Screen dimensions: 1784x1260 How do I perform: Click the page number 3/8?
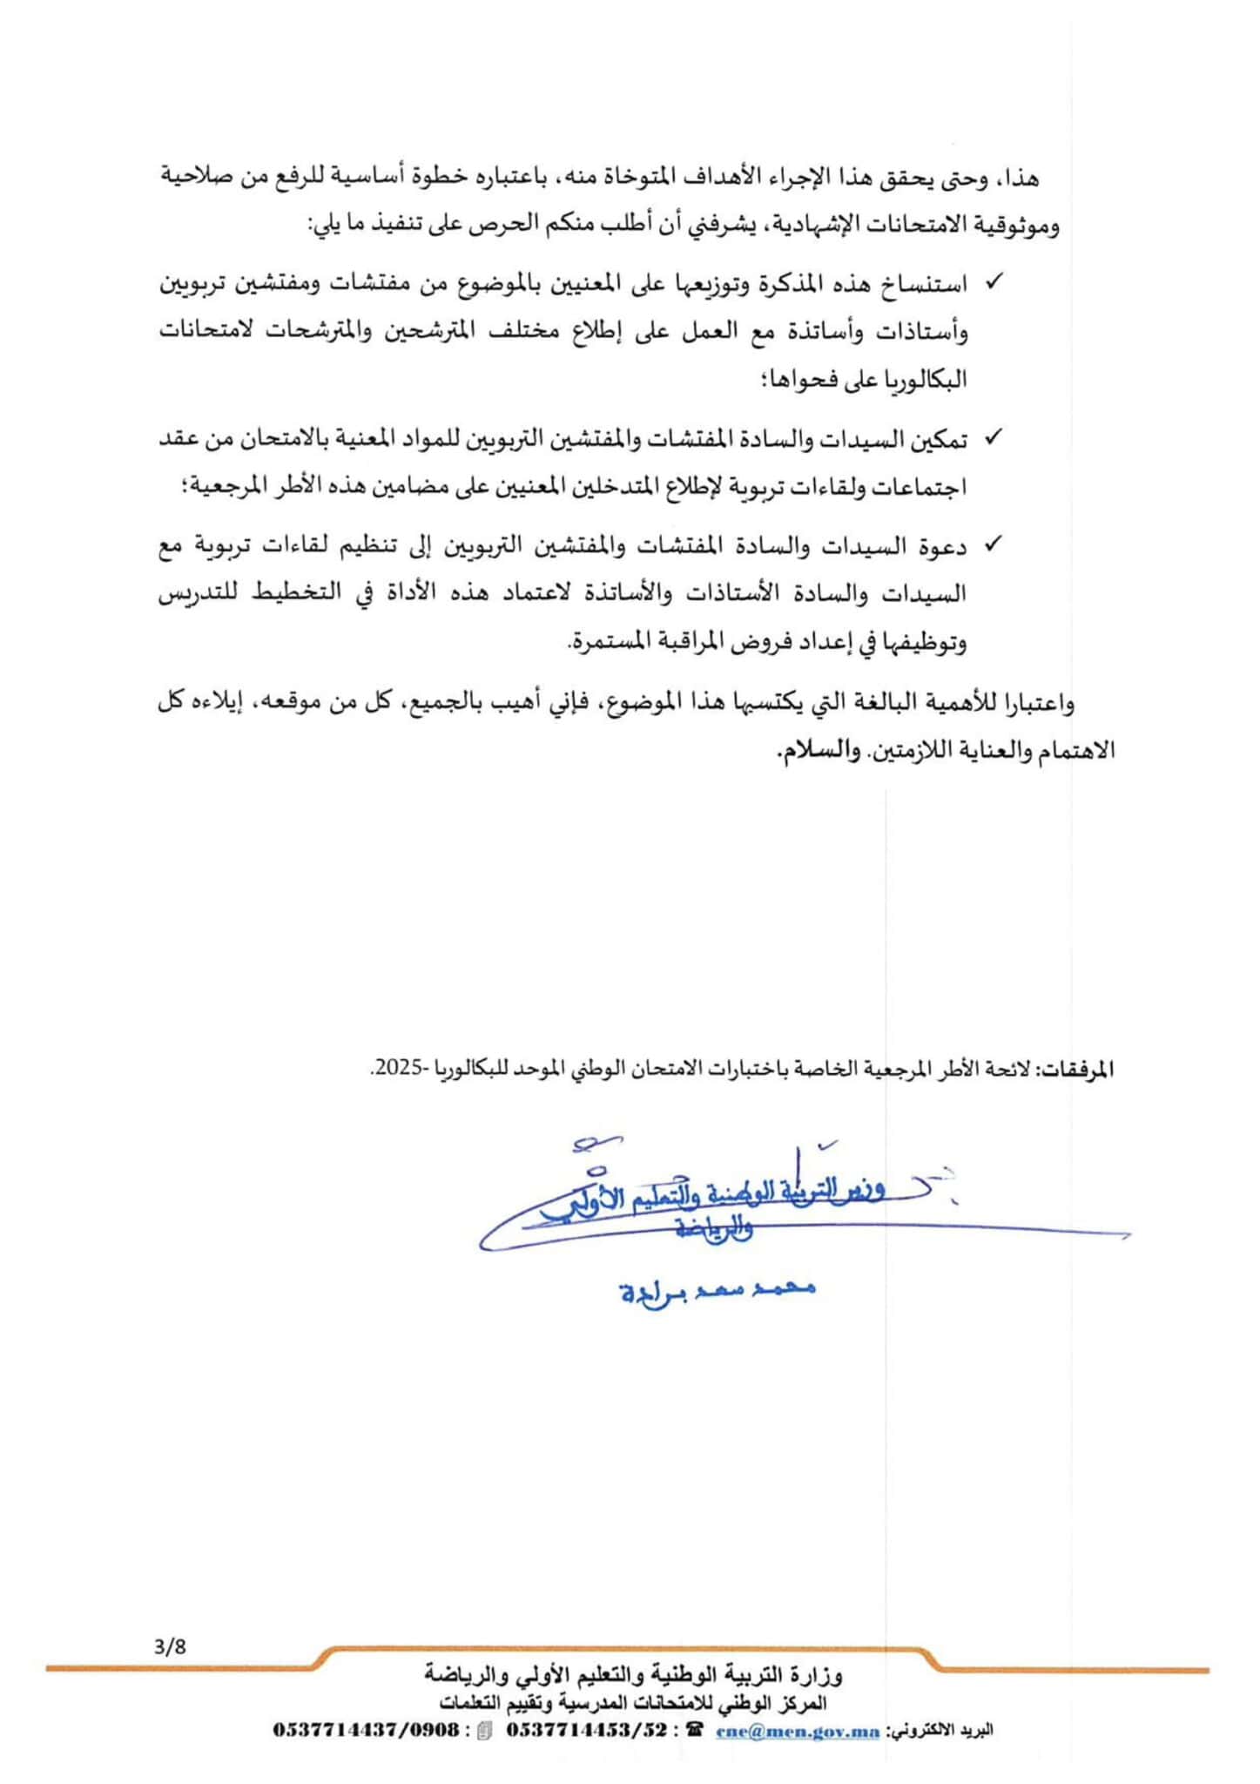pos(170,1647)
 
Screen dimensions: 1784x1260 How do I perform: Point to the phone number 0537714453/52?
pos(587,1731)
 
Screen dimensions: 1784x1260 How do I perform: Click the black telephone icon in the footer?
pos(694,1731)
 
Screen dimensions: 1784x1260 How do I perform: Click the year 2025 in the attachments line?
pos(393,1069)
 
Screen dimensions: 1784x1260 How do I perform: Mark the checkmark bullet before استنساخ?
pos(992,282)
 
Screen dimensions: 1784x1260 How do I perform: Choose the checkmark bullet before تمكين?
pos(992,438)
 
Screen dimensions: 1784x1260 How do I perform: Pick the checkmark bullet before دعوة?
pos(992,544)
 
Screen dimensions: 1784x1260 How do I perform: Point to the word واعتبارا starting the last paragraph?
pos(1041,702)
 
